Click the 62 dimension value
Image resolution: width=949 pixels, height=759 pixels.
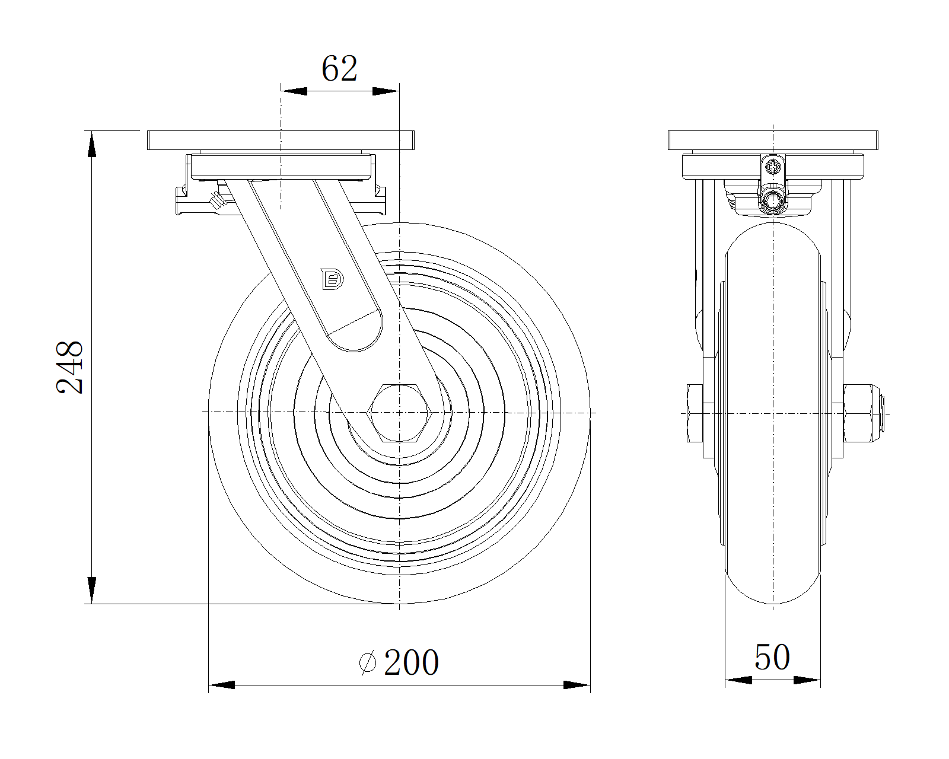click(339, 69)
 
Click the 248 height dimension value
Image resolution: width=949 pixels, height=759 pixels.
click(69, 367)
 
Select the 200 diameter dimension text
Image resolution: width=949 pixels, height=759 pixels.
click(412, 662)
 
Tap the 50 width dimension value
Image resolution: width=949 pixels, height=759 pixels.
click(772, 657)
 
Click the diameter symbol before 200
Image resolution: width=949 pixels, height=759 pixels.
click(367, 662)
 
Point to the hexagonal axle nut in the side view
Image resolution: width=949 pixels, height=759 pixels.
click(399, 413)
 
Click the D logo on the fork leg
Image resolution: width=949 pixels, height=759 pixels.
click(333, 279)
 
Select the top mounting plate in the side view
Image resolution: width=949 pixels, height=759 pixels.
click(281, 141)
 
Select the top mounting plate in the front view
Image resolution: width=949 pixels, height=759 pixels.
click(773, 141)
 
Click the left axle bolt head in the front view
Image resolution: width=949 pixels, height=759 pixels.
click(695, 413)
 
